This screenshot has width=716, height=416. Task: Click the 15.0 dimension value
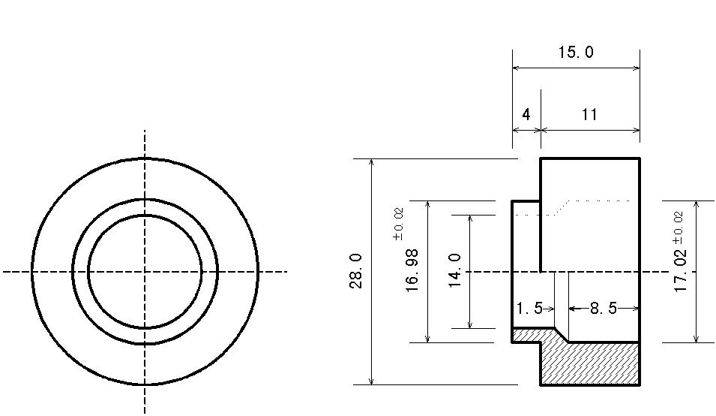coord(576,52)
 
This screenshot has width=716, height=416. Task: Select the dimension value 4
coord(526,114)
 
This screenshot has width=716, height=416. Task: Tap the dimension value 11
coord(589,114)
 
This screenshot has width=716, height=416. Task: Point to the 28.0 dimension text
coord(356,271)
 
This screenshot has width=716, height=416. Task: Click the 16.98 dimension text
coord(412,270)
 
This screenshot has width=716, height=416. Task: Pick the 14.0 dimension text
coord(455,270)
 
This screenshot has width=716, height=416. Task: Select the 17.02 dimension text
coord(680,270)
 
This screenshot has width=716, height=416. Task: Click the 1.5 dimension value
coord(529,308)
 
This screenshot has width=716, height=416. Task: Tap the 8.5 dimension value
coord(604,308)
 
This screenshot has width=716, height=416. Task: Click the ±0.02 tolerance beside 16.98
coord(398,224)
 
